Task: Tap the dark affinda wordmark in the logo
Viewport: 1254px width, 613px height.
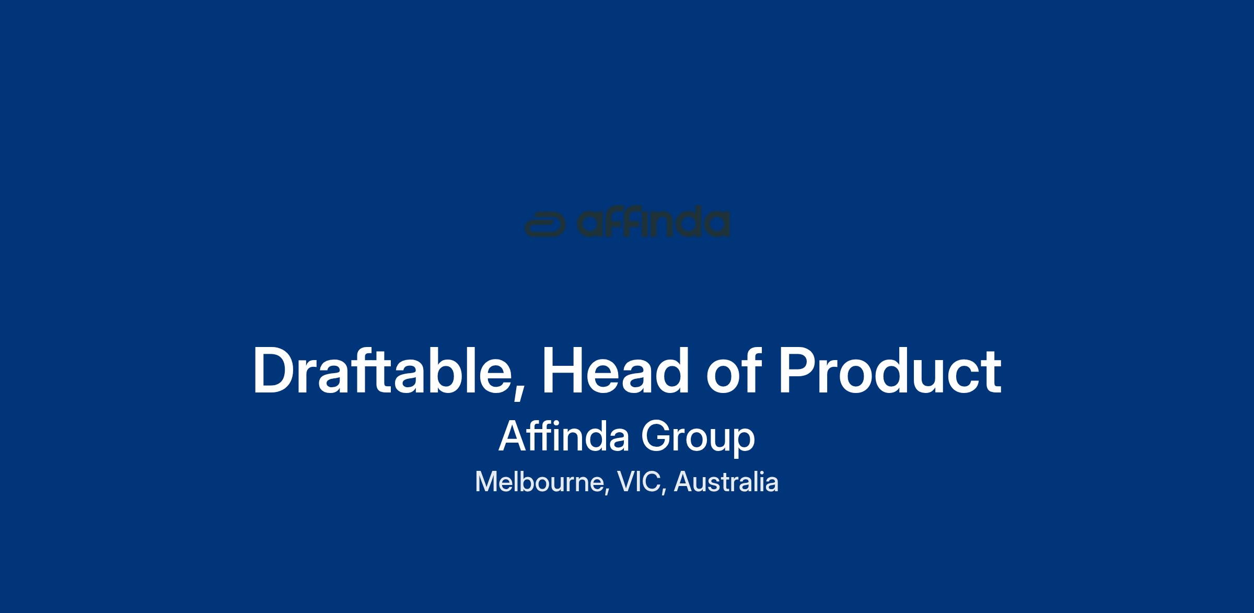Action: coord(653,224)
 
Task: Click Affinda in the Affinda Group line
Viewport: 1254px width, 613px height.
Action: coord(564,436)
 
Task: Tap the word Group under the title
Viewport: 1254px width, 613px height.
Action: coord(698,438)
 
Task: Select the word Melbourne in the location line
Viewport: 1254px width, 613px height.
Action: coord(540,482)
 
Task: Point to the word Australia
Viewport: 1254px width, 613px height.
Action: coord(726,482)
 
